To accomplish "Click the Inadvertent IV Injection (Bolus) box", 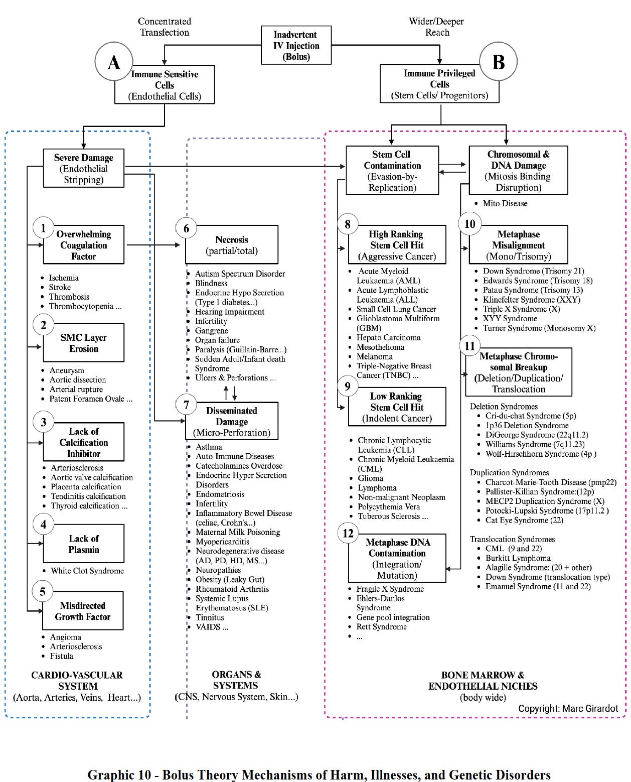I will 296,45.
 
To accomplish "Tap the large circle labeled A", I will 114,62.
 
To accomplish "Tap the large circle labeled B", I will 498,62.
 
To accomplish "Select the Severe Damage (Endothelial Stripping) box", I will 83,169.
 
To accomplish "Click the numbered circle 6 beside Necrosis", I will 186,228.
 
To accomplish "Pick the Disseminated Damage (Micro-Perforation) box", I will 232,422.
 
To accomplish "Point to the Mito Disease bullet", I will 505,204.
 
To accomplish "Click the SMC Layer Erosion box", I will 83,343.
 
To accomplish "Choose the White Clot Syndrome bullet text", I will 87,571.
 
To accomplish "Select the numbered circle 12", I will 348,533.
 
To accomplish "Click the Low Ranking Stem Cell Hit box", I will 397,407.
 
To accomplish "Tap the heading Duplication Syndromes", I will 509,473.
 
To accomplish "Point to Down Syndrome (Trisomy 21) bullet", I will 533,271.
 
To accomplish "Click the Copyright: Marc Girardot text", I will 568,709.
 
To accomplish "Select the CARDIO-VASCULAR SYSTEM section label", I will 77,681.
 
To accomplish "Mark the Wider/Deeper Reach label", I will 436,27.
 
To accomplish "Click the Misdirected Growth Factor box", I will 83,611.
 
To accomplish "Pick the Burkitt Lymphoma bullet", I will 518,558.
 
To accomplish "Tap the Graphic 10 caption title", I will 319,774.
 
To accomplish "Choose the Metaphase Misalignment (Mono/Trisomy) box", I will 518,245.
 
